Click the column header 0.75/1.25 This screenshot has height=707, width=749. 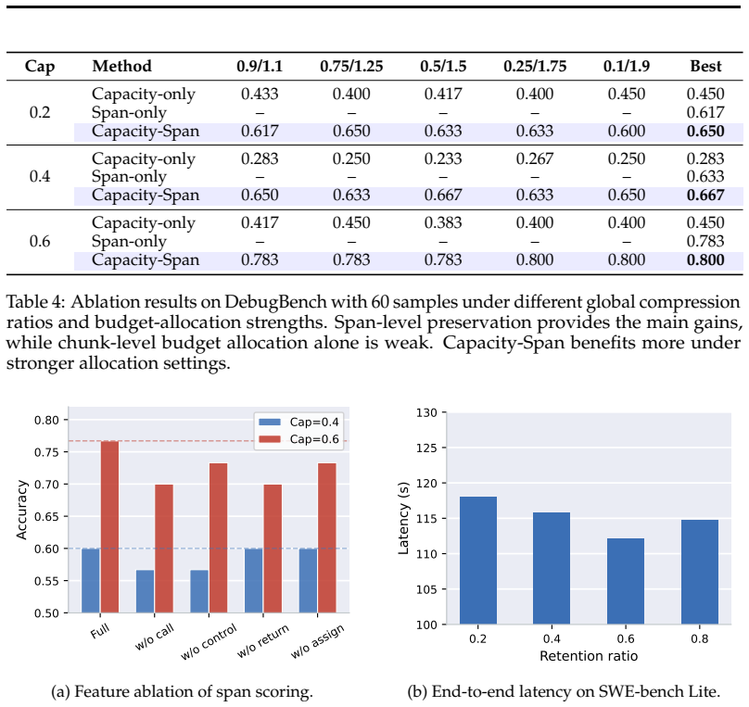351,66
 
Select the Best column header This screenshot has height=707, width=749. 705,66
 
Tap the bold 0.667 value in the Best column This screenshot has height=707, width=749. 705,195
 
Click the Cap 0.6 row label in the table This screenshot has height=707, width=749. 40,241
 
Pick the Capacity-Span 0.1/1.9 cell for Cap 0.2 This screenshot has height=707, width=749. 627,132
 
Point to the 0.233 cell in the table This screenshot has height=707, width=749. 443,158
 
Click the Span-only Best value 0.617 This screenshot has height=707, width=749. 705,113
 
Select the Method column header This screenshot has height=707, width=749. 121,66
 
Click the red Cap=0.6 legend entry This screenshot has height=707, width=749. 298,439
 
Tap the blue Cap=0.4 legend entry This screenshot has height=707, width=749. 298,422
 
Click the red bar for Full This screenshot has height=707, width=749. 109,527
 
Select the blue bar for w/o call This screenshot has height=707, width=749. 146,591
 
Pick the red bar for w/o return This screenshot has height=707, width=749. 273,549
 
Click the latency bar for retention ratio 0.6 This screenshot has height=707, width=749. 626,582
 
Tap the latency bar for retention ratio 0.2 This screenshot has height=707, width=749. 478,561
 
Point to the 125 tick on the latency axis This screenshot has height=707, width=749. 426,448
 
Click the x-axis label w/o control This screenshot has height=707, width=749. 209,641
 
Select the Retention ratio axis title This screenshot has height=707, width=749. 589,656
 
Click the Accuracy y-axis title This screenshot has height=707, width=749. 21,510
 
